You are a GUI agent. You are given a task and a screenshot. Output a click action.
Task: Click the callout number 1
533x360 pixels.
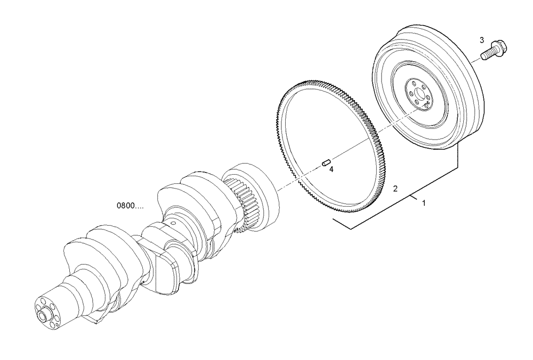(424, 203)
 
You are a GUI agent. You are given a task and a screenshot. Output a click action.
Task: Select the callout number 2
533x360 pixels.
(395, 189)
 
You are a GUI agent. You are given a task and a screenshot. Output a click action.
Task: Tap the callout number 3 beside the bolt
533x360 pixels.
(482, 40)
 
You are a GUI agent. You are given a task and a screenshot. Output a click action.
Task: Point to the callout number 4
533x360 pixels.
(331, 169)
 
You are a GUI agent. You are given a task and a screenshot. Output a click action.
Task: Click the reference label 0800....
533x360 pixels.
(130, 205)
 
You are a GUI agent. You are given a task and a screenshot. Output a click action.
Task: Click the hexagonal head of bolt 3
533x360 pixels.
(500, 47)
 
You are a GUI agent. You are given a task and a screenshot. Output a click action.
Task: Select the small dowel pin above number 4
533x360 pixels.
(327, 162)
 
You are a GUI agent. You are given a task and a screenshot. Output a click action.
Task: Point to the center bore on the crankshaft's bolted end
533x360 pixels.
(41, 316)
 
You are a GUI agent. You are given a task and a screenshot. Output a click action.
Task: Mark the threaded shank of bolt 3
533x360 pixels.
(486, 54)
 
